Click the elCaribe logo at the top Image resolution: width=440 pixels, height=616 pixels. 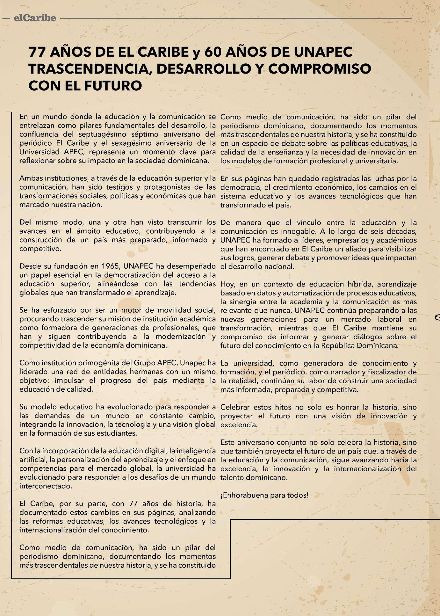pos(35,18)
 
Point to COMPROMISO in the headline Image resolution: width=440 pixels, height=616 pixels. pos(320,69)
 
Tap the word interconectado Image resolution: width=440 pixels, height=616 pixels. pos(46,486)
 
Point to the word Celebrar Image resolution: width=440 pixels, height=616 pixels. pos(235,407)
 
